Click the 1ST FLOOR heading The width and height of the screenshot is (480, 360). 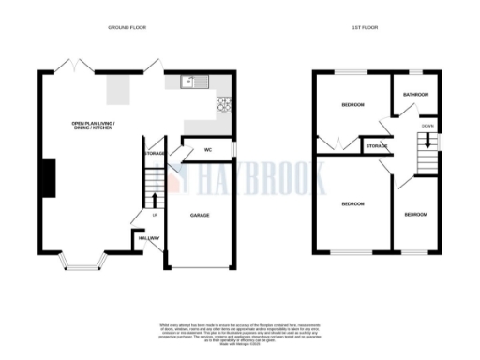[363, 29]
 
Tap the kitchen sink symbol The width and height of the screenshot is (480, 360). [190, 82]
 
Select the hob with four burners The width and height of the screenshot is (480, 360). [225, 104]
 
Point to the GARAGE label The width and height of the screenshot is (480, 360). [200, 216]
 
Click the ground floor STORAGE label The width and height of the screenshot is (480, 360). [155, 152]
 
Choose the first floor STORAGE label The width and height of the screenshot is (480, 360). [377, 146]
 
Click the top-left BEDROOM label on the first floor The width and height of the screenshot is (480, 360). [352, 104]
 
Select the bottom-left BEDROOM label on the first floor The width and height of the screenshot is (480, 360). [352, 203]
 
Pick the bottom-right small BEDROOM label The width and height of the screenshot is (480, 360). [415, 215]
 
